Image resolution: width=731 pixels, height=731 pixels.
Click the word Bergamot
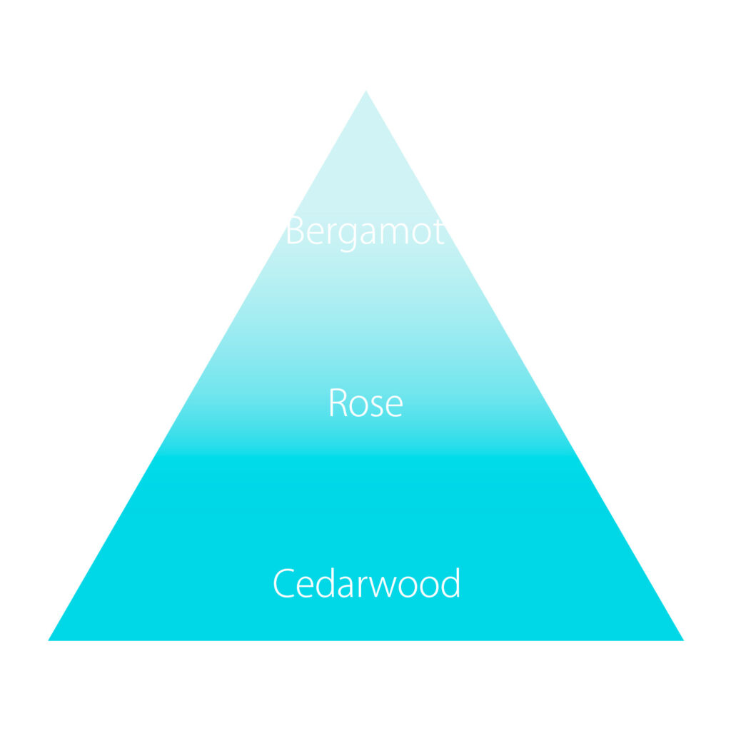coord(365,232)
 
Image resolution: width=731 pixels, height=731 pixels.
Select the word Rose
coord(365,403)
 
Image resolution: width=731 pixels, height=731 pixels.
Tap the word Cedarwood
coord(366,584)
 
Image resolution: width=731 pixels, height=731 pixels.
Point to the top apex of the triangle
coord(365,91)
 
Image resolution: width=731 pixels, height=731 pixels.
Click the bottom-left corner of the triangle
coord(50,640)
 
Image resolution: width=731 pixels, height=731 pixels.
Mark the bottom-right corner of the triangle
coord(682,640)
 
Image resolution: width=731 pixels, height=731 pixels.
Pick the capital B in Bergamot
coord(296,232)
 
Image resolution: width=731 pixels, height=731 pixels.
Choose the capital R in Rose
coord(337,403)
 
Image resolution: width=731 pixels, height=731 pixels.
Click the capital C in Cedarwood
coord(283,584)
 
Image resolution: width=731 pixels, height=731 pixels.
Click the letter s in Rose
coord(376,406)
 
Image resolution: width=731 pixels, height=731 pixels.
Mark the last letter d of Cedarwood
coord(450,584)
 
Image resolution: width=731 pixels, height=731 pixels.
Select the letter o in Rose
coord(358,406)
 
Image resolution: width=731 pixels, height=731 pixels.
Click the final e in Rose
coord(393,406)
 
